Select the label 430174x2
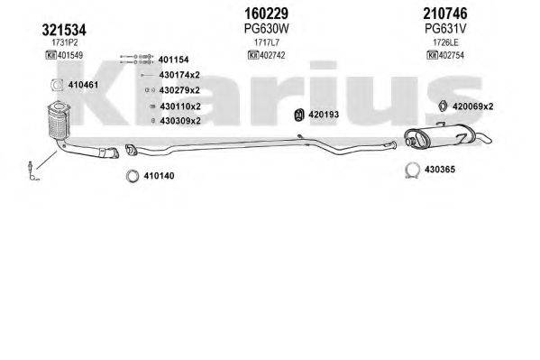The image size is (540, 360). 179,76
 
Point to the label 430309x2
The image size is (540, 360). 179,120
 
